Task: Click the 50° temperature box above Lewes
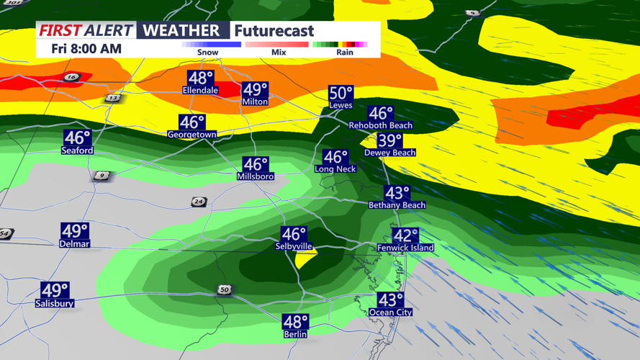point(341,94)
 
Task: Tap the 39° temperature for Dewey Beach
point(389,141)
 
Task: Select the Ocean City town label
point(390,312)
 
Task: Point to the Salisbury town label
point(55,304)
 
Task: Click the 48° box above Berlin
point(295,322)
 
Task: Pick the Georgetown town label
point(192,135)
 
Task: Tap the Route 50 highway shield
point(225,289)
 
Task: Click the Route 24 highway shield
point(199,202)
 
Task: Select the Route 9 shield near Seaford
point(102,176)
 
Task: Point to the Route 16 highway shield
point(71,77)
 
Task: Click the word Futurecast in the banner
point(274,31)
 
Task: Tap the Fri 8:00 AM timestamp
point(86,49)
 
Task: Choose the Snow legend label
point(207,53)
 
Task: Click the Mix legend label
point(279,53)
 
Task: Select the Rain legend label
point(345,53)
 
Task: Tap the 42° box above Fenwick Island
point(405,235)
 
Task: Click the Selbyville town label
point(294,246)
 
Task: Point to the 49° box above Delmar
point(74,231)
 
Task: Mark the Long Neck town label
point(335,169)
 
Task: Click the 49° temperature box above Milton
point(255,90)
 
